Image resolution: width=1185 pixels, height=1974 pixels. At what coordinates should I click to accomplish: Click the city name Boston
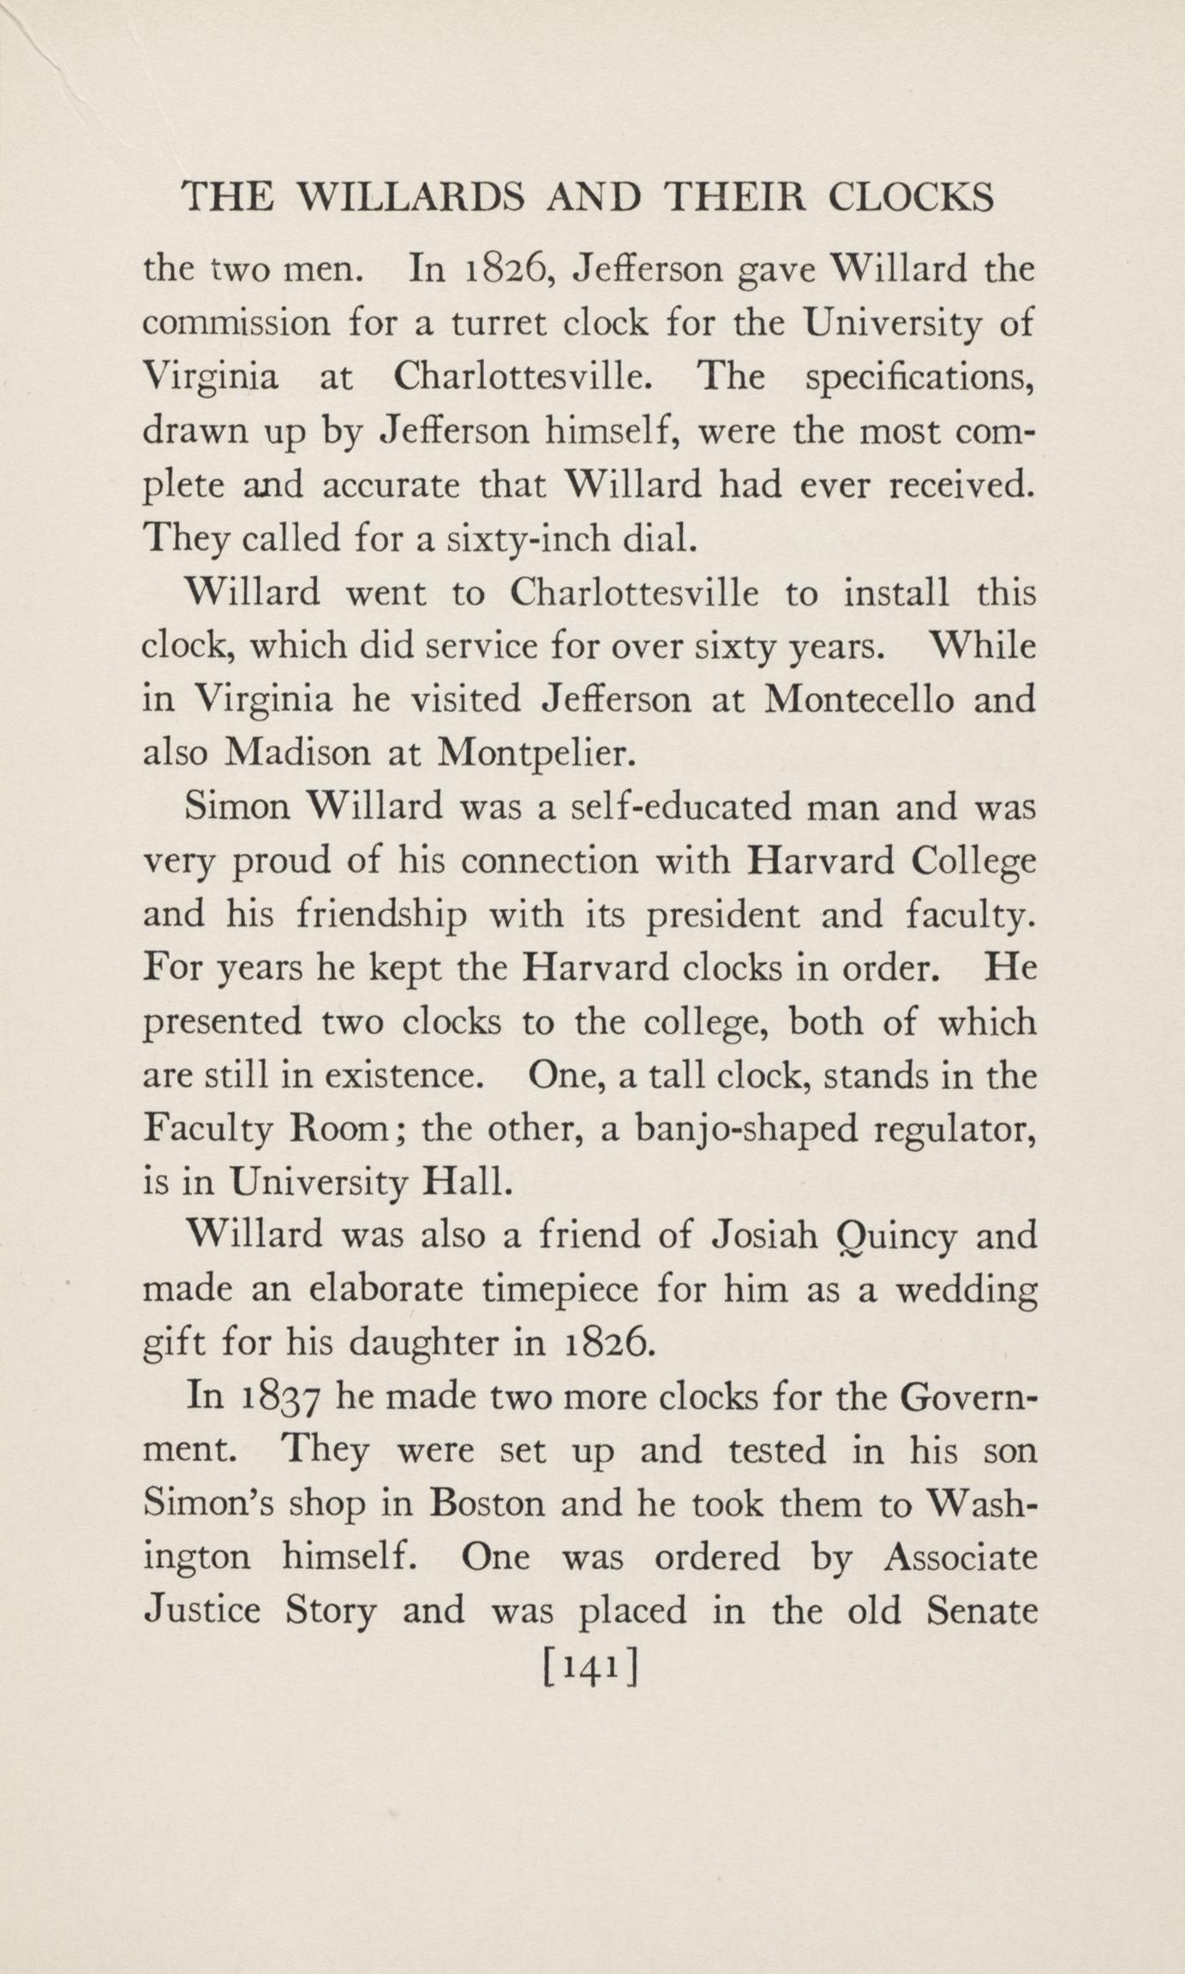coord(488,1505)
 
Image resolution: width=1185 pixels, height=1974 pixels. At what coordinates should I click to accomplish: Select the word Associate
coord(960,1558)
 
